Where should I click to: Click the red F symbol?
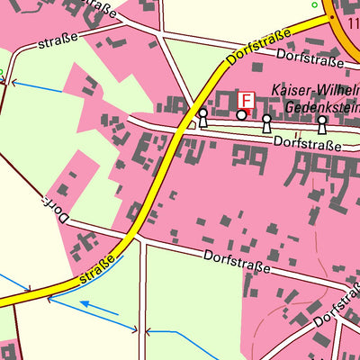pos(246,99)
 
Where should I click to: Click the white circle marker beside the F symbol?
pos(241,115)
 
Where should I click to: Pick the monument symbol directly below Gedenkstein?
pos(321,125)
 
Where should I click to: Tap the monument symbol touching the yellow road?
pos(202,117)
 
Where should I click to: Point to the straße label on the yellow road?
pos(100,270)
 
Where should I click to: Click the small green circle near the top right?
pos(314,4)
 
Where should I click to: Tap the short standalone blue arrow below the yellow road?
pos(98,310)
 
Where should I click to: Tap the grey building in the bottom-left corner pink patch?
pos(7,351)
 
